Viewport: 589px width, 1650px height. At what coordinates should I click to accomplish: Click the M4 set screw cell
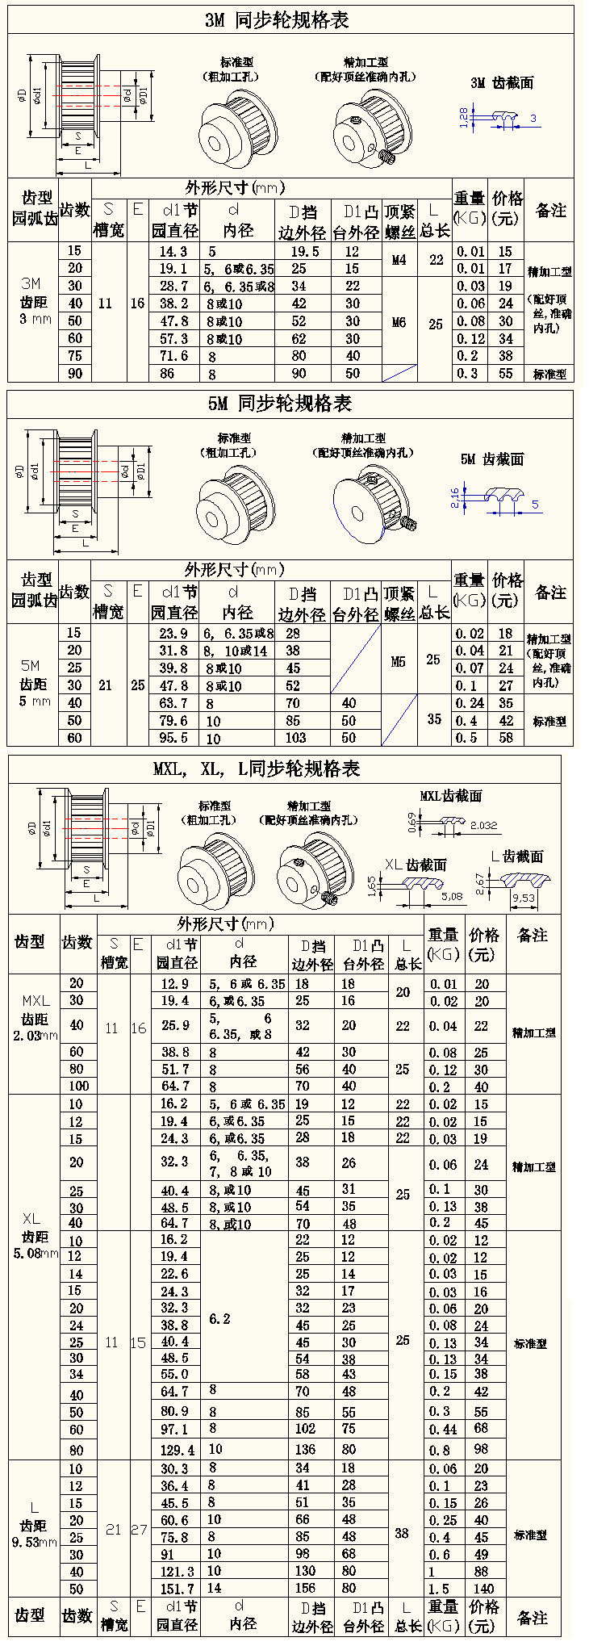[399, 260]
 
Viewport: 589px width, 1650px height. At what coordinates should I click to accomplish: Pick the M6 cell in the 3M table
[399, 322]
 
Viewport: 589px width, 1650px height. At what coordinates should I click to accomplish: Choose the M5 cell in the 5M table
[399, 661]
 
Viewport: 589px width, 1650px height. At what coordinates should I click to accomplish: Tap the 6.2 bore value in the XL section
[219, 1318]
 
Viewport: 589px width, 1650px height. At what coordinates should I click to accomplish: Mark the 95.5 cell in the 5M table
[173, 737]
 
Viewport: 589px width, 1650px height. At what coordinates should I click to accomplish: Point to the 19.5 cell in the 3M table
[304, 251]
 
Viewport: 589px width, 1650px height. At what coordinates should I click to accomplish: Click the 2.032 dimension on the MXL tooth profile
[483, 825]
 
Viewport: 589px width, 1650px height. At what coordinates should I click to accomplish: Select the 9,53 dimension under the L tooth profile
[523, 898]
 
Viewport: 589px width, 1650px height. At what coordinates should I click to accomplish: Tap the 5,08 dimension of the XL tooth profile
[453, 896]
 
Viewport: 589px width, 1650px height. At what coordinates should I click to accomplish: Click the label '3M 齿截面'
[502, 83]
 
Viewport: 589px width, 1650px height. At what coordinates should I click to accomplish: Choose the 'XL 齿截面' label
[415, 864]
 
